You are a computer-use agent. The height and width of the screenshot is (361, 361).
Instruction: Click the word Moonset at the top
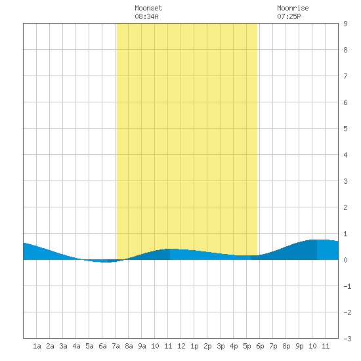tap(148, 8)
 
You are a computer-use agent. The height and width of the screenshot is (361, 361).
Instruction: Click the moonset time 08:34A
tap(146, 16)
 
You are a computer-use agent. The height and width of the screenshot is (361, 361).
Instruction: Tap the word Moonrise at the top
tap(293, 8)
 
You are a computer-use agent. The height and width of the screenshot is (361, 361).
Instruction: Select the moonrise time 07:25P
tap(289, 16)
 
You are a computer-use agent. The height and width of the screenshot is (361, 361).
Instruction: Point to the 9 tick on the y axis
tap(345, 24)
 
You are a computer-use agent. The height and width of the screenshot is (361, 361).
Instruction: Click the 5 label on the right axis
tap(345, 129)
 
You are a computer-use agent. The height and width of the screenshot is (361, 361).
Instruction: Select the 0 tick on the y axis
tap(345, 260)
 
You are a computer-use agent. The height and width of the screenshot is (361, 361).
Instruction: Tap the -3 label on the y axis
tap(347, 339)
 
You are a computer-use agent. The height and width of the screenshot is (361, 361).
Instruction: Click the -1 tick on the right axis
tap(347, 286)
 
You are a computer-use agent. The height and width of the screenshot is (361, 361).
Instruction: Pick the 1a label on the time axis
tap(37, 346)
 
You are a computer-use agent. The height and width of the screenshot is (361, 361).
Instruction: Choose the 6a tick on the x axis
tap(102, 346)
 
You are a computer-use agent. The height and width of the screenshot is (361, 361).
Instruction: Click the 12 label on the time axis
tap(181, 346)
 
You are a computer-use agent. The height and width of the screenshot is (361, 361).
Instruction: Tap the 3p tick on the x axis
tap(221, 346)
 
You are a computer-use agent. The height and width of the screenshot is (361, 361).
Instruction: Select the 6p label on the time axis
tap(260, 346)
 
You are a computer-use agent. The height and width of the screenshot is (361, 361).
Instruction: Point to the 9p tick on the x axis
tap(299, 346)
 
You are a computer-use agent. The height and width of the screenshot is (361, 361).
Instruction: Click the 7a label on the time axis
tap(116, 346)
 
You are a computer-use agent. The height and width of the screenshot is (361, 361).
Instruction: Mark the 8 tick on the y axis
tap(345, 50)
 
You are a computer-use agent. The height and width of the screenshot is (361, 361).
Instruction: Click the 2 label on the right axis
tap(345, 207)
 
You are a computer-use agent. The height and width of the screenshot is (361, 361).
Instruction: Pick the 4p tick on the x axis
tap(234, 346)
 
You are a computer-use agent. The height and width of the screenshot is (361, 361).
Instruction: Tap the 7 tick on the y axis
tap(345, 76)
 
